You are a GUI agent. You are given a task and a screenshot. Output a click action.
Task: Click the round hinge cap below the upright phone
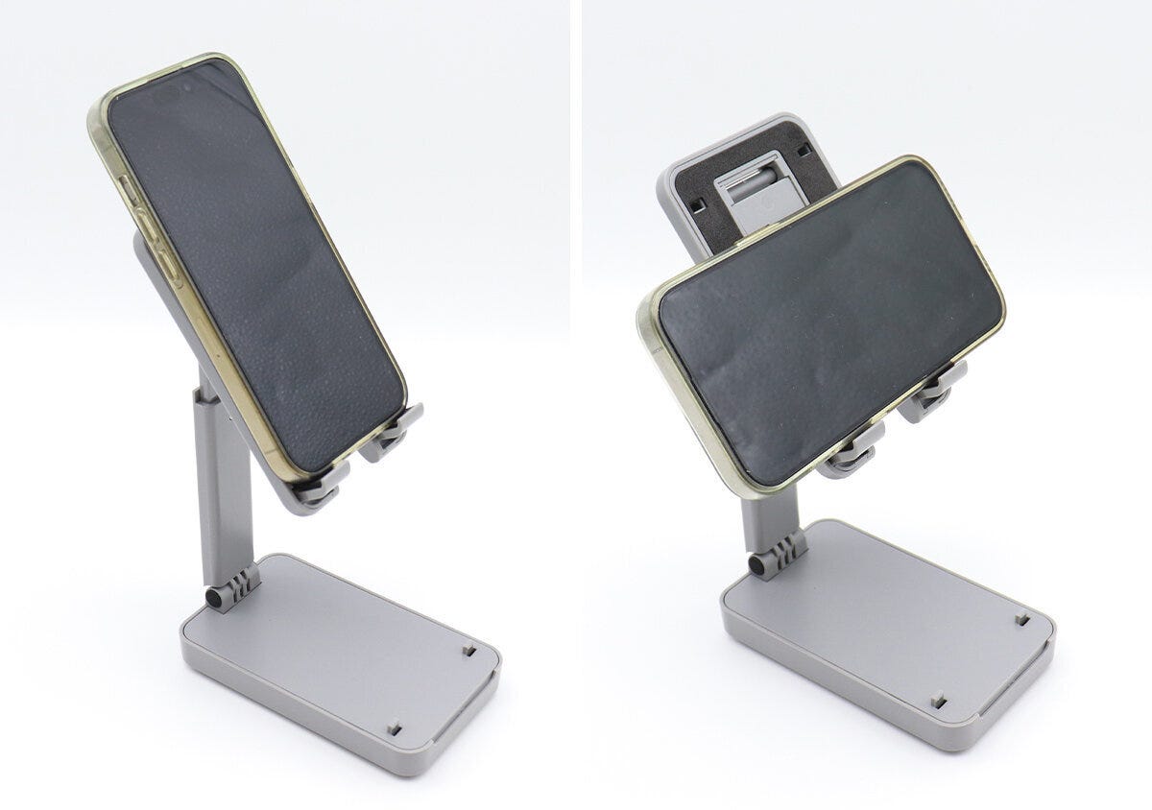[214, 599]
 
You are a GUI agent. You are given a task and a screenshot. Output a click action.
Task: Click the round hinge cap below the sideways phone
[760, 566]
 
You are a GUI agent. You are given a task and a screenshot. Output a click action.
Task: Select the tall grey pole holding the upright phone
[223, 480]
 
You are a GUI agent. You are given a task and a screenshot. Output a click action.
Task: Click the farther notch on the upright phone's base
[468, 651]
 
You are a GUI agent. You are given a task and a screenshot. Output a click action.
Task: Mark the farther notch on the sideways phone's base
[1023, 619]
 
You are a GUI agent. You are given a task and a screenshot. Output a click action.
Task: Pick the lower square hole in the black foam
[698, 204]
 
